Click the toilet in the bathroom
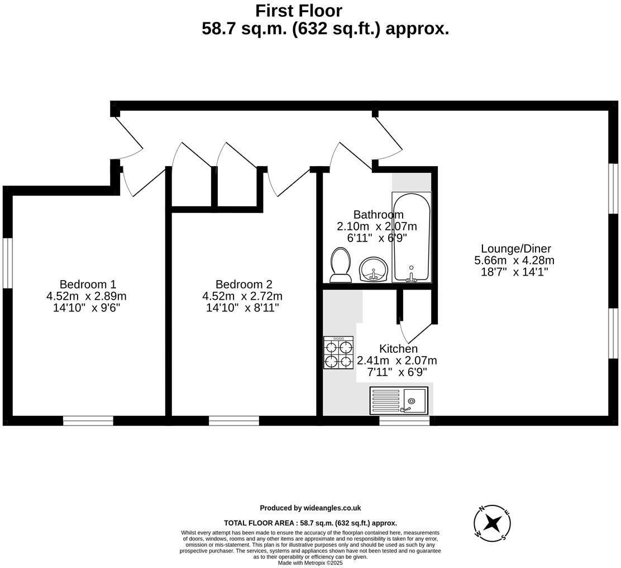(x=340, y=265)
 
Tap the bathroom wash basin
(x=373, y=269)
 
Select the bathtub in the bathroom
(x=411, y=237)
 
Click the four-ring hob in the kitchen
(x=338, y=353)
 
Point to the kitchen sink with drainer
(x=399, y=400)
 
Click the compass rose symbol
(x=492, y=523)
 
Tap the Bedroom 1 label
(x=88, y=284)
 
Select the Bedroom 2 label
(x=243, y=284)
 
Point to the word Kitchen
(x=398, y=349)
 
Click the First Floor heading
(x=298, y=11)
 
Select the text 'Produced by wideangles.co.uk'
(x=310, y=508)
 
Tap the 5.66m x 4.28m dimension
(x=514, y=261)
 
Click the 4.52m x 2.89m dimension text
(x=87, y=296)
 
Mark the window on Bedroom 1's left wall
(x=7, y=263)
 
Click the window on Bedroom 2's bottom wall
(x=234, y=420)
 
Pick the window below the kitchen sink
(x=404, y=420)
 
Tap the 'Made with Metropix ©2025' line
(x=310, y=563)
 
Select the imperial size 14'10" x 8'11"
(x=242, y=307)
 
